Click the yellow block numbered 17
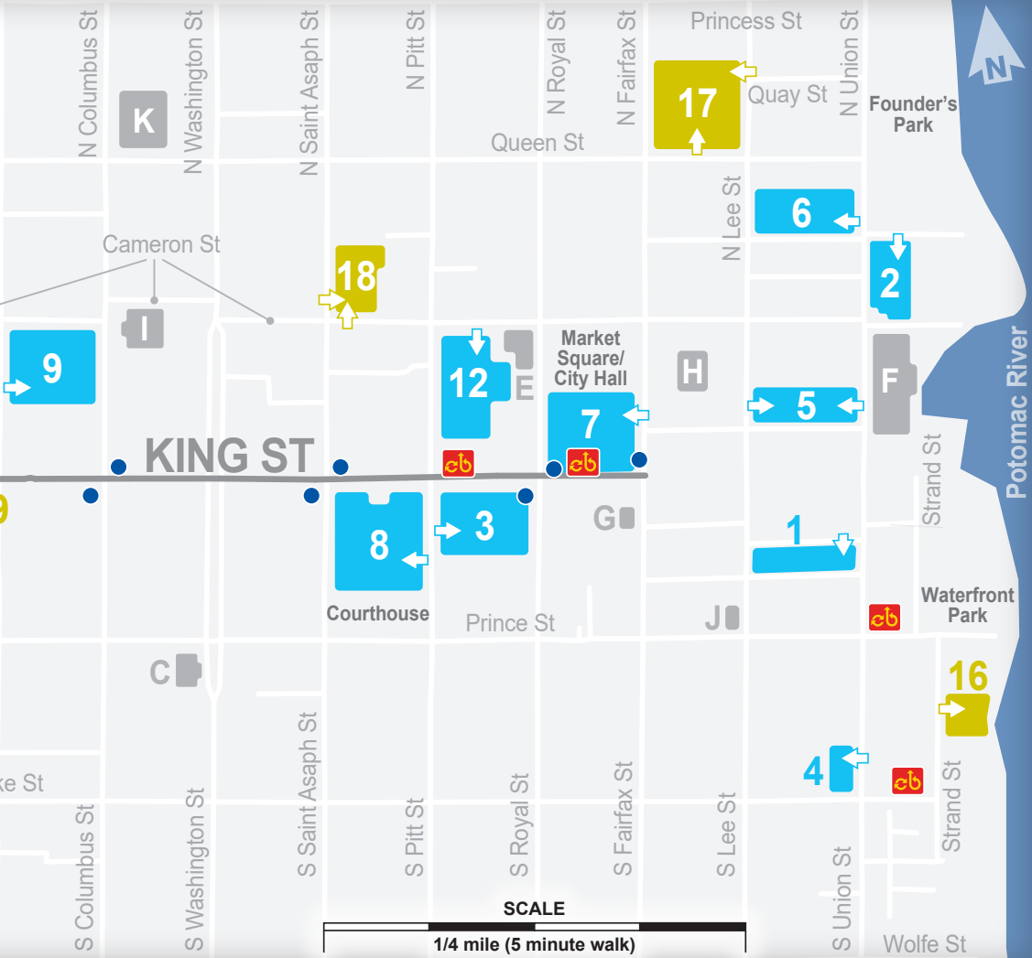(x=696, y=103)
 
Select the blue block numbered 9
(x=53, y=367)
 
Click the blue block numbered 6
(x=803, y=211)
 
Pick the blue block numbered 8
(x=379, y=544)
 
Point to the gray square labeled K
(x=144, y=120)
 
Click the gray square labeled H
(x=693, y=371)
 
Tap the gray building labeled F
(x=890, y=382)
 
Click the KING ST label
(x=229, y=456)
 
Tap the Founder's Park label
(x=913, y=114)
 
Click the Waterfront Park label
(x=967, y=605)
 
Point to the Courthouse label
(x=378, y=613)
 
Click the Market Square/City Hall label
(x=591, y=358)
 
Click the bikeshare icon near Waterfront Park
(x=884, y=618)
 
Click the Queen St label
(x=538, y=143)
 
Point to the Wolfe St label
(x=925, y=943)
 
